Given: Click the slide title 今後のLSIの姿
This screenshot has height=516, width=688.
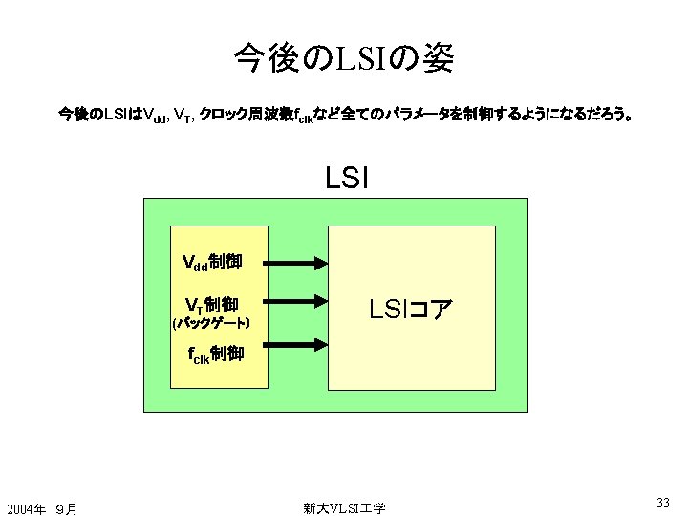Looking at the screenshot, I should pyautogui.click(x=343, y=60).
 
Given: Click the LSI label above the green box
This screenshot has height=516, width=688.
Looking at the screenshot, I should pyautogui.click(x=347, y=178).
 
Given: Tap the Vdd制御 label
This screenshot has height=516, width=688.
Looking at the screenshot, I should pyautogui.click(x=212, y=261).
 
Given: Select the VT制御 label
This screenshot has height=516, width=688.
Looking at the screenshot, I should pyautogui.click(x=211, y=305).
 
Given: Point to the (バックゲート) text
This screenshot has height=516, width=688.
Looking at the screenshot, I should pyautogui.click(x=211, y=325).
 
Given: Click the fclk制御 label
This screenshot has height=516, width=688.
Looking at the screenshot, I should pyautogui.click(x=215, y=355).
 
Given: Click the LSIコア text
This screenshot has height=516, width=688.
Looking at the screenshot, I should pyautogui.click(x=412, y=309).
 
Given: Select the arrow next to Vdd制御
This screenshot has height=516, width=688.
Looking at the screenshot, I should pyautogui.click(x=293, y=262).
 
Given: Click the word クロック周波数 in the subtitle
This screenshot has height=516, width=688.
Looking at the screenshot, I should pyautogui.click(x=244, y=116).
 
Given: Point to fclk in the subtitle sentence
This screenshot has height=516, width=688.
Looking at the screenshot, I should pyautogui.click(x=304, y=117).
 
